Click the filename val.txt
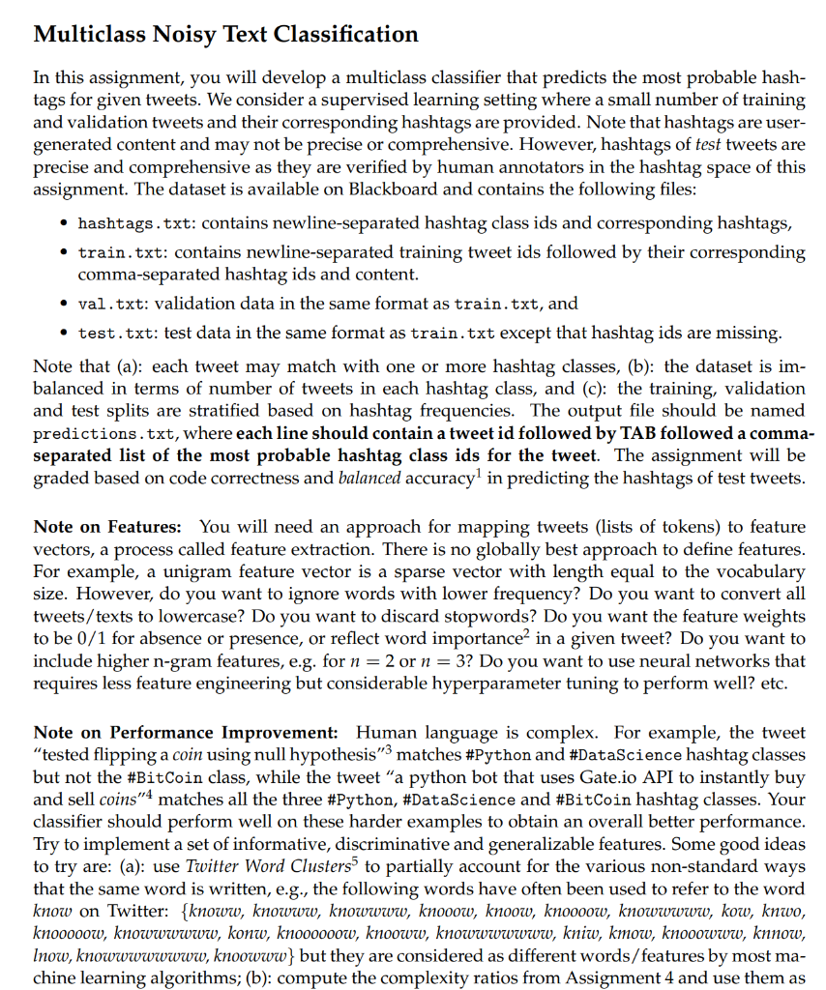pyautogui.click(x=110, y=304)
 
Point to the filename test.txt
pyautogui.click(x=114, y=333)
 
